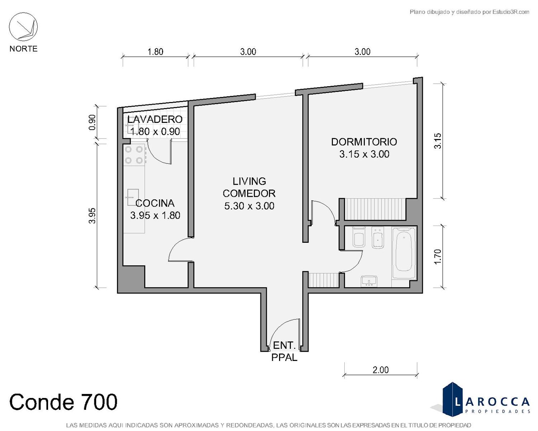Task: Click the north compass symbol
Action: click(23, 27)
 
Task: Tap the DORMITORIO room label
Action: click(364, 142)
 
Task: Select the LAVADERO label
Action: click(155, 120)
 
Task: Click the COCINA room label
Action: click(155, 203)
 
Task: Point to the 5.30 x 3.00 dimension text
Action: click(249, 206)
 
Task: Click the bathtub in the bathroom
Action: click(404, 253)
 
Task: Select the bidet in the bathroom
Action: click(378, 238)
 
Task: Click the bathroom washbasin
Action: click(369, 281)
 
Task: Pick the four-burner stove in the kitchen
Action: click(134, 155)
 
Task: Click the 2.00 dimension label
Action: click(381, 370)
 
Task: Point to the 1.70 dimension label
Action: click(438, 256)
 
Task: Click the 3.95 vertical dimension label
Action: click(92, 215)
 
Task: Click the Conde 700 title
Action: click(63, 402)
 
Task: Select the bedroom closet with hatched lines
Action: click(375, 209)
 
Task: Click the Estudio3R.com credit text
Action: click(469, 12)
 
